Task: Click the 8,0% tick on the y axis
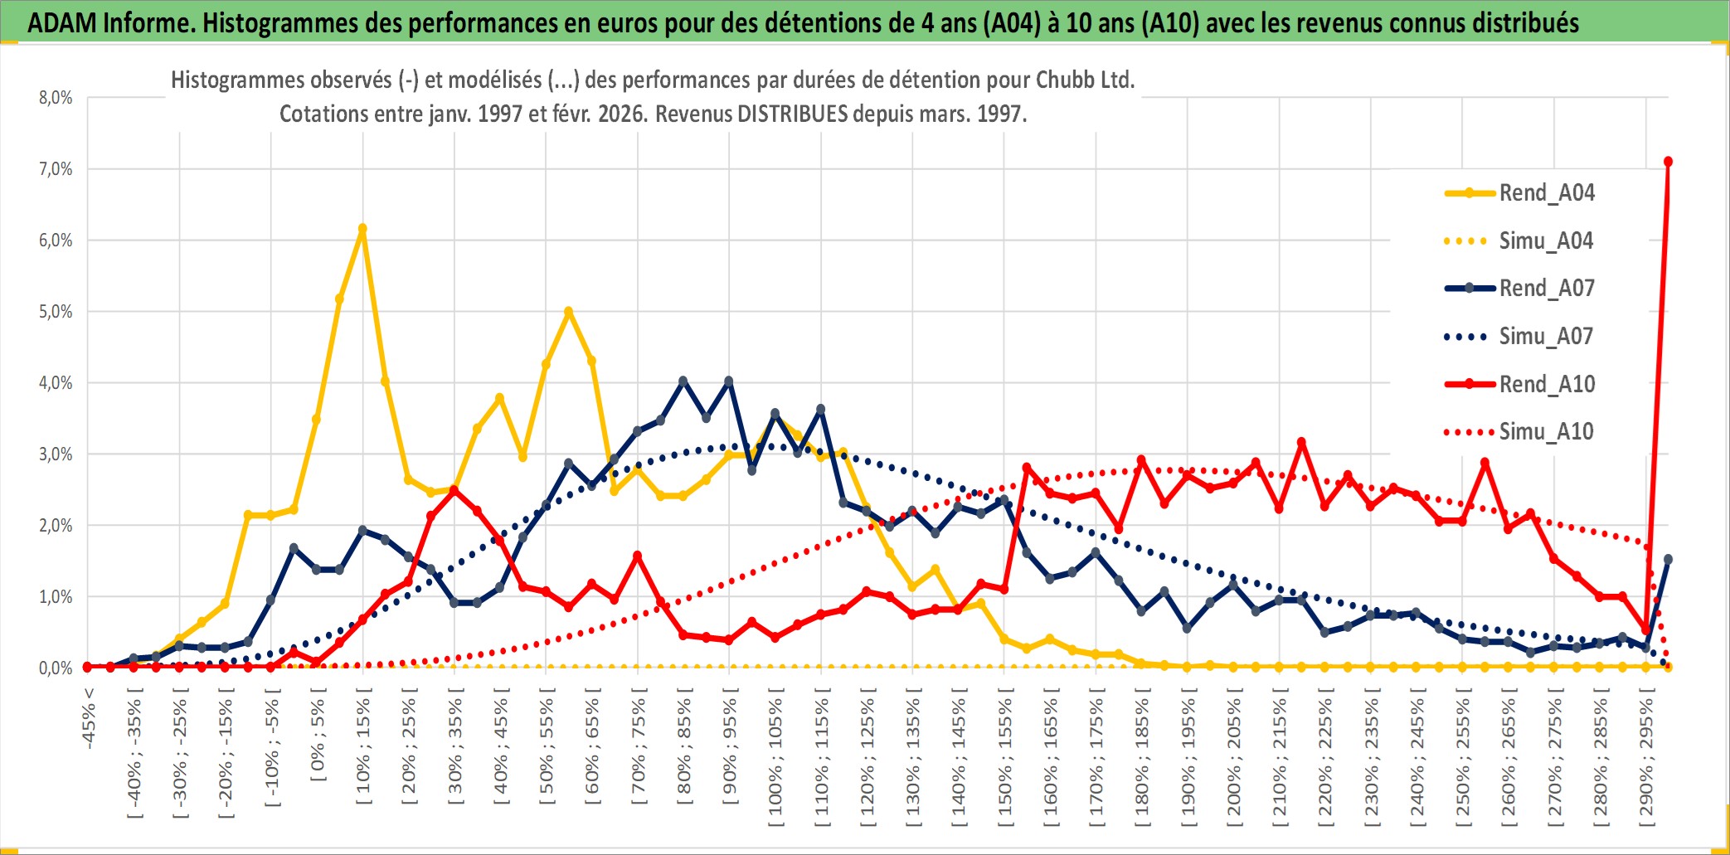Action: (x=56, y=98)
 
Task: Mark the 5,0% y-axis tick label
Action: (x=56, y=312)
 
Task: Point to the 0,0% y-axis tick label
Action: (x=56, y=668)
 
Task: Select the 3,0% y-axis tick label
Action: (x=56, y=454)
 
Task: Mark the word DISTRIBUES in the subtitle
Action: (x=792, y=114)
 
